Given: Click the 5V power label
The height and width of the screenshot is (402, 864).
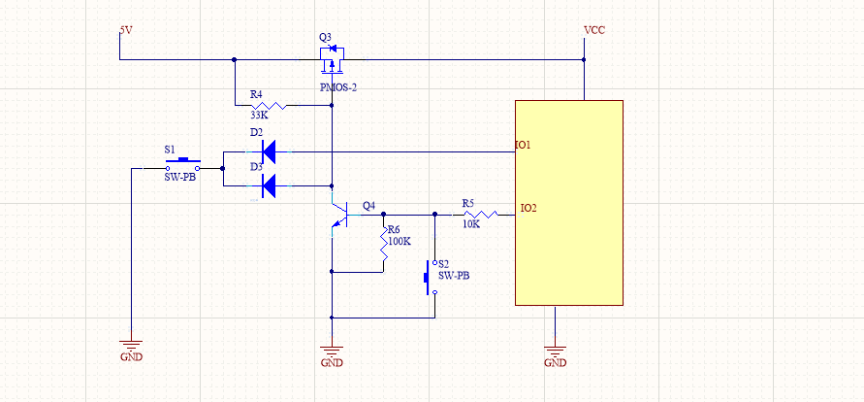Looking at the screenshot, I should click(125, 30).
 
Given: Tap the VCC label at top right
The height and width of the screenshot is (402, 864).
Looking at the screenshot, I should click(594, 30).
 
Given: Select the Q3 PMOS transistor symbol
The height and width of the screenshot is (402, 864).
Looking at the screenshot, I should click(332, 60).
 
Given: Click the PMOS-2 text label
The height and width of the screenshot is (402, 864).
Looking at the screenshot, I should click(338, 87).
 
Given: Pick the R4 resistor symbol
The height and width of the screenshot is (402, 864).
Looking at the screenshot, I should click(270, 105).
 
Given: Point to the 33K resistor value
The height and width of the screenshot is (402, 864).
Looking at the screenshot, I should click(259, 115).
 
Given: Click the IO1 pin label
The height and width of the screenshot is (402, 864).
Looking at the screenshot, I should click(523, 146).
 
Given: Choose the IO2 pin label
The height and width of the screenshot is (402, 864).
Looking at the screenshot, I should click(528, 208).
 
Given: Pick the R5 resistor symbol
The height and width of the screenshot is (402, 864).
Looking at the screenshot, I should click(479, 214).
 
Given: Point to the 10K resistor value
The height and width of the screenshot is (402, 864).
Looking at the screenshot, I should click(470, 224).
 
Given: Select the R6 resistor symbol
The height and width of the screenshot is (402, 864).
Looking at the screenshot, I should click(384, 254).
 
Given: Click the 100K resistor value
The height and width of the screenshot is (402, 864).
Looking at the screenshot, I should click(399, 241).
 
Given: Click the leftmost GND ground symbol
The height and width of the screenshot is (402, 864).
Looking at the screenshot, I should click(131, 345).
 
